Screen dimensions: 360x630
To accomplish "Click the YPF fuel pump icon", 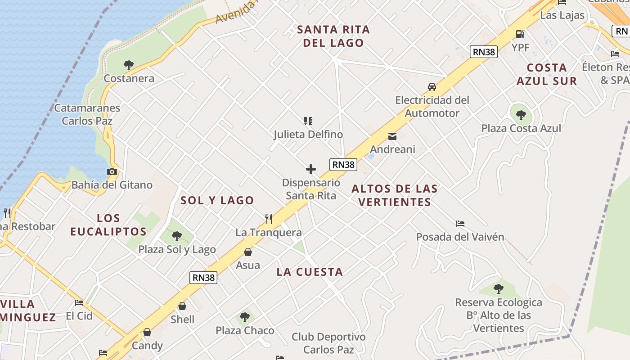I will [x=520, y=34].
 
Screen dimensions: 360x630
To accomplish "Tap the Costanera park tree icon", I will [x=129, y=65].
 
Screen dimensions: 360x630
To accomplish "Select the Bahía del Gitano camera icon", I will [x=112, y=171].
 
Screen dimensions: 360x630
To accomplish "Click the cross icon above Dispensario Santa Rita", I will [x=311, y=169].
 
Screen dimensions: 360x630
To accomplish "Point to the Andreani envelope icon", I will [x=392, y=136].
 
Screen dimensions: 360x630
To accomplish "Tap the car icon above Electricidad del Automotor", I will [x=432, y=86].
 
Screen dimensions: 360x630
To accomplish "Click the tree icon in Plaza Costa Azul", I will [x=521, y=115].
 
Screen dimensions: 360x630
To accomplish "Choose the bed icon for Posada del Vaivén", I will [x=460, y=223].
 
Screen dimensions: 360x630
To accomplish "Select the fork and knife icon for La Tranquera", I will [x=269, y=219].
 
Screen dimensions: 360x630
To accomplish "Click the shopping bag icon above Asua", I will [x=248, y=252].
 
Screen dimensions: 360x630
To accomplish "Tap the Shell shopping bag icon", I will [x=182, y=306].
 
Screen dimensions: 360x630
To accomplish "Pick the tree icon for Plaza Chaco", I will [x=245, y=317].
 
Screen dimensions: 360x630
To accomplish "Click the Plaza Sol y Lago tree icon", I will [x=177, y=236].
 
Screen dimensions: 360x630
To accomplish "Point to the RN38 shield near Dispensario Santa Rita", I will [x=343, y=165].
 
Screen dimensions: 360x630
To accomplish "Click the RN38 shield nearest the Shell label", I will [x=204, y=278].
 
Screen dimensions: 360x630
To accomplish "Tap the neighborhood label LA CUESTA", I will [x=310, y=272].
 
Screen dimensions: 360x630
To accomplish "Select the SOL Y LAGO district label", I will [x=217, y=200].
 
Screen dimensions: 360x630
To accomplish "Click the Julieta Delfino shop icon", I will [x=308, y=121].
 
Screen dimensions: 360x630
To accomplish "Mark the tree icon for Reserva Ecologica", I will [x=498, y=288].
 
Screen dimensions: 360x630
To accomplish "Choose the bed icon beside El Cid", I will [x=79, y=302].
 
